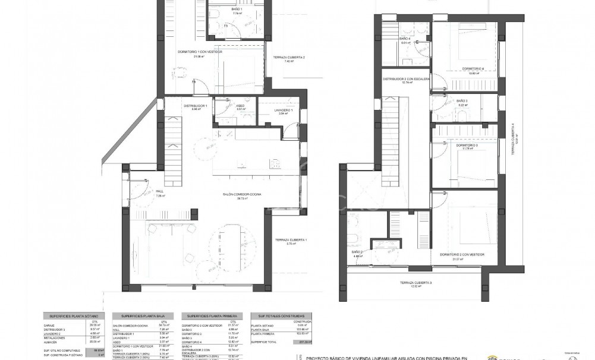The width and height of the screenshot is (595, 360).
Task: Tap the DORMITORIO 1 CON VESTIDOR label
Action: tap(200, 52)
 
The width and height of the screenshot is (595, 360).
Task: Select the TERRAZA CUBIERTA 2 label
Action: tap(289, 58)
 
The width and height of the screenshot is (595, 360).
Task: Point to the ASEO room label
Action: tap(224, 106)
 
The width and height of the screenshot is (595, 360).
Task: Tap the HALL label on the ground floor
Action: tap(159, 192)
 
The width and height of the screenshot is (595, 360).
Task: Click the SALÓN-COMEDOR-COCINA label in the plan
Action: tap(243, 194)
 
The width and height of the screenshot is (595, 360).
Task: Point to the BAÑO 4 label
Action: tap(406, 39)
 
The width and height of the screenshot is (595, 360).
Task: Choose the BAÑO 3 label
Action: tap(462, 102)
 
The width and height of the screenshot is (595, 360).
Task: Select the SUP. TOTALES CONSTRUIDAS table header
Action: tap(278, 316)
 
